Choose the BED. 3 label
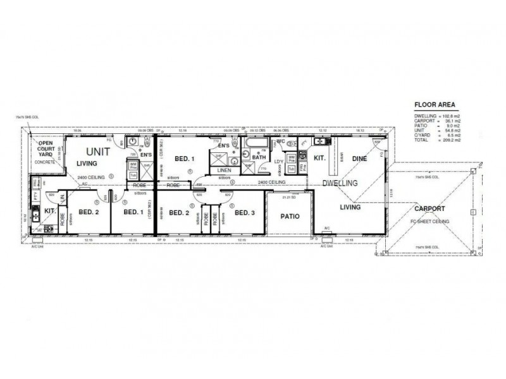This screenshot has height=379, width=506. coord(244,213)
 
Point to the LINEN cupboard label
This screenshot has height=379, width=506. coord(225,171)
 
